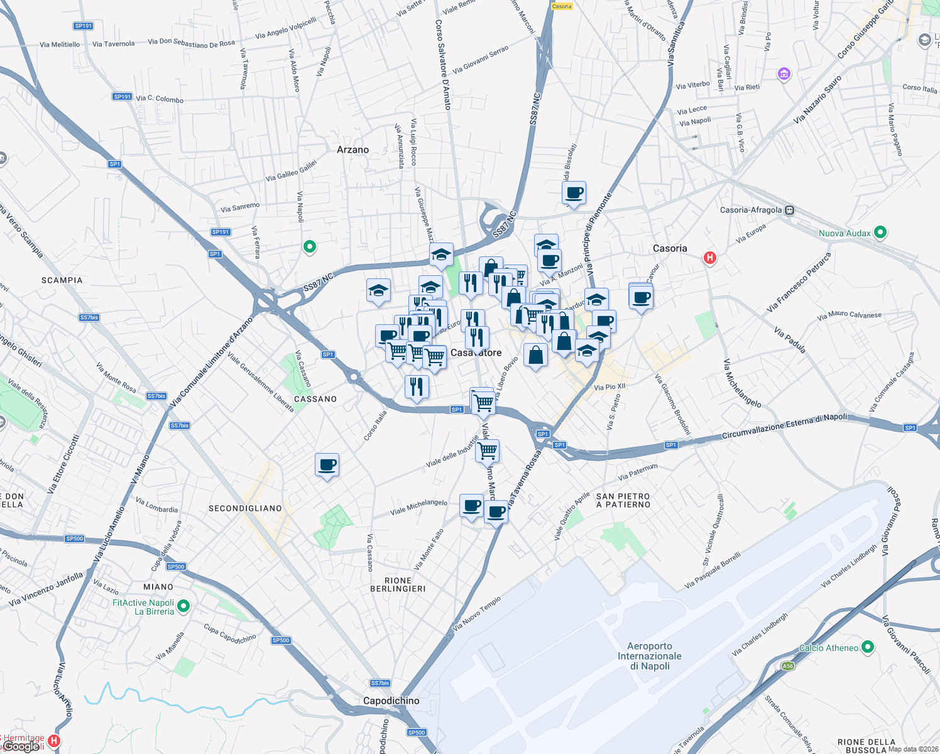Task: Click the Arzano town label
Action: click(x=352, y=150)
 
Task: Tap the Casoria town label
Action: click(x=670, y=248)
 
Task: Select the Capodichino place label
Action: click(x=391, y=701)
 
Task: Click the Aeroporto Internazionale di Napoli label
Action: click(x=650, y=656)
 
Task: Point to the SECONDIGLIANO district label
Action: click(x=245, y=508)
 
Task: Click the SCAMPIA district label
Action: click(x=62, y=280)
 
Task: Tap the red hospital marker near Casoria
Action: click(x=710, y=258)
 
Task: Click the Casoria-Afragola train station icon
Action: click(x=790, y=210)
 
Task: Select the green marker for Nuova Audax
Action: click(x=880, y=232)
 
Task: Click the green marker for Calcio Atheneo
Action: click(x=868, y=647)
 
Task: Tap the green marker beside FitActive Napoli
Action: click(x=183, y=606)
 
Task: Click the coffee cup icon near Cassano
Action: click(x=327, y=465)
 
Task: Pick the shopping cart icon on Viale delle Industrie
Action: click(x=488, y=451)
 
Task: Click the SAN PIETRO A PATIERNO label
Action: click(x=623, y=500)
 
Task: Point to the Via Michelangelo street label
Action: click(x=742, y=383)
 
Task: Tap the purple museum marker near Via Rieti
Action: click(x=784, y=75)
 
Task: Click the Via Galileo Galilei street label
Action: click(x=291, y=171)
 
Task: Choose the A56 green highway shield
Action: click(x=787, y=666)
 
